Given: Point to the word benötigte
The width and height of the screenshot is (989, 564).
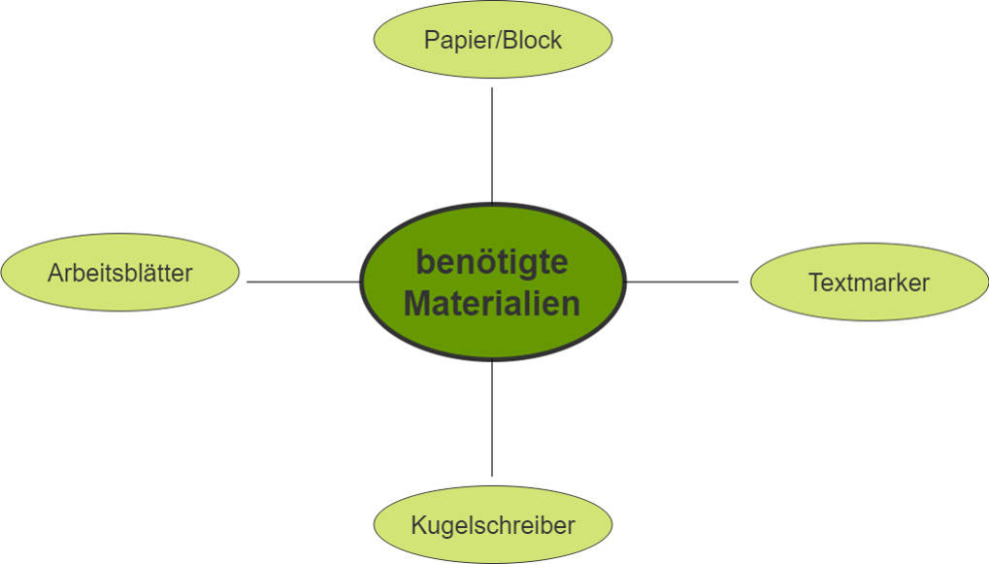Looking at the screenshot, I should coord(492,263).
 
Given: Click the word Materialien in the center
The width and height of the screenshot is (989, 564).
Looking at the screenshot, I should coord(492,303).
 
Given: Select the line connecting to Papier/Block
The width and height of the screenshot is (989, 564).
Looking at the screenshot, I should coord(492,146).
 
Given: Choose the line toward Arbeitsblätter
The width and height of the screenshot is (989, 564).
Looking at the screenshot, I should coord(303,282).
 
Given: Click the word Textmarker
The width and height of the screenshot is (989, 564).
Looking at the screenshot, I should coord(869,282).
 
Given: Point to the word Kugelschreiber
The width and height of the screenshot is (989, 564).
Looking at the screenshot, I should coord(493,526).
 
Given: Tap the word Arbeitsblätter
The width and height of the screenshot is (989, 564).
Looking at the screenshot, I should coord(119,274).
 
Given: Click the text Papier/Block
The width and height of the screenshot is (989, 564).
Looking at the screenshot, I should coord(493,41).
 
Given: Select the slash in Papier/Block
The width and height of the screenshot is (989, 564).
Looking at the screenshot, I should coord(497,41).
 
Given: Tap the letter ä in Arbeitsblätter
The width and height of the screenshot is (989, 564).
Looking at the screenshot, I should coord(155,274).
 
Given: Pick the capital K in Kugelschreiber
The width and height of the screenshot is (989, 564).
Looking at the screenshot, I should coord(417,525).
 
